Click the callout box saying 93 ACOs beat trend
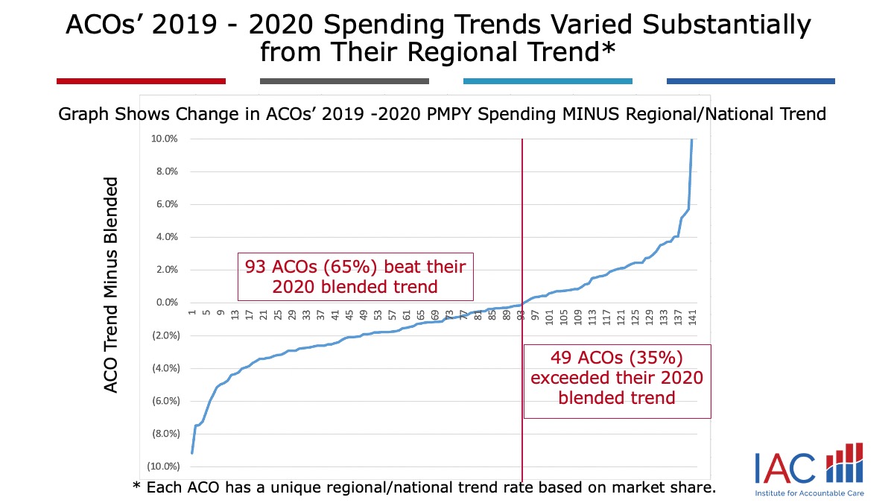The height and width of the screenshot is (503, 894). tap(356, 276)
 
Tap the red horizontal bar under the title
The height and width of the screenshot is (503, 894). tap(141, 80)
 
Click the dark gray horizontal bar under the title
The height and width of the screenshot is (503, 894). tap(344, 80)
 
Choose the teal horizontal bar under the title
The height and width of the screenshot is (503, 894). tap(548, 80)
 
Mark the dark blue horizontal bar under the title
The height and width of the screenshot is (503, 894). tap(750, 80)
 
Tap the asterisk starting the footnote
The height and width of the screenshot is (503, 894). tap(136, 487)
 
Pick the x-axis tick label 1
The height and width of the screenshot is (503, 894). tap(192, 314)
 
